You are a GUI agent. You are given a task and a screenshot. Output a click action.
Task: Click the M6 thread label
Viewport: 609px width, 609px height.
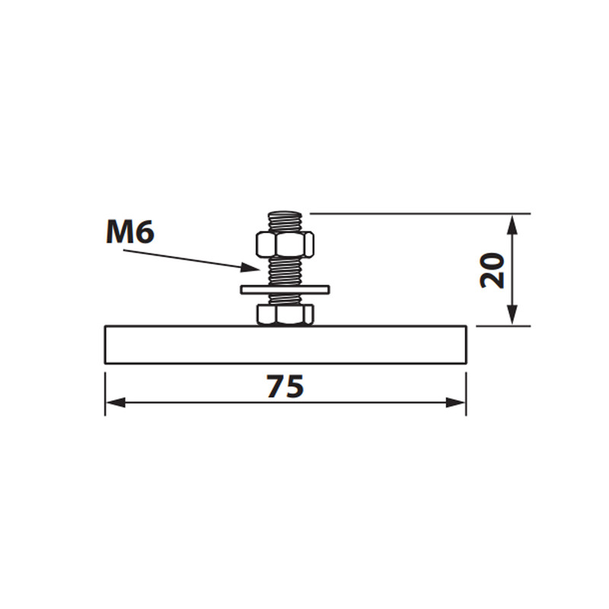coord(130,234)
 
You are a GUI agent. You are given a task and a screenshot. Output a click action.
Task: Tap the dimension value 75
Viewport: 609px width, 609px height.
coord(285,386)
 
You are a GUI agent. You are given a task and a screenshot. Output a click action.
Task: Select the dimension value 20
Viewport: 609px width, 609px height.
coord(492,270)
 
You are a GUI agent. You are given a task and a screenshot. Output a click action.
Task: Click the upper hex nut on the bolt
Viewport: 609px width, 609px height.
coord(285,244)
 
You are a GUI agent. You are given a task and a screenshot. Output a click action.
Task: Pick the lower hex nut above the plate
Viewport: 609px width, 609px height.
coord(285,314)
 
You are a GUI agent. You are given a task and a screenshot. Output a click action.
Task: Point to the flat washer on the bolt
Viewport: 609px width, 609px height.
coord(285,289)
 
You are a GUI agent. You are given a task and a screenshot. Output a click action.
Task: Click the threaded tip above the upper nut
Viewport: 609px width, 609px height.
coord(285,222)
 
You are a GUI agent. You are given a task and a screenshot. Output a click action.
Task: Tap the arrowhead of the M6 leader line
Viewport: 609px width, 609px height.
coord(250,267)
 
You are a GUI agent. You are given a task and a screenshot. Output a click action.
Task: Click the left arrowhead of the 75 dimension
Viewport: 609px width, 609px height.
coord(116,403)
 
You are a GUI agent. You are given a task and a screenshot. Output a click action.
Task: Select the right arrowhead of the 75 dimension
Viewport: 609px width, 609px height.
coord(455,403)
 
